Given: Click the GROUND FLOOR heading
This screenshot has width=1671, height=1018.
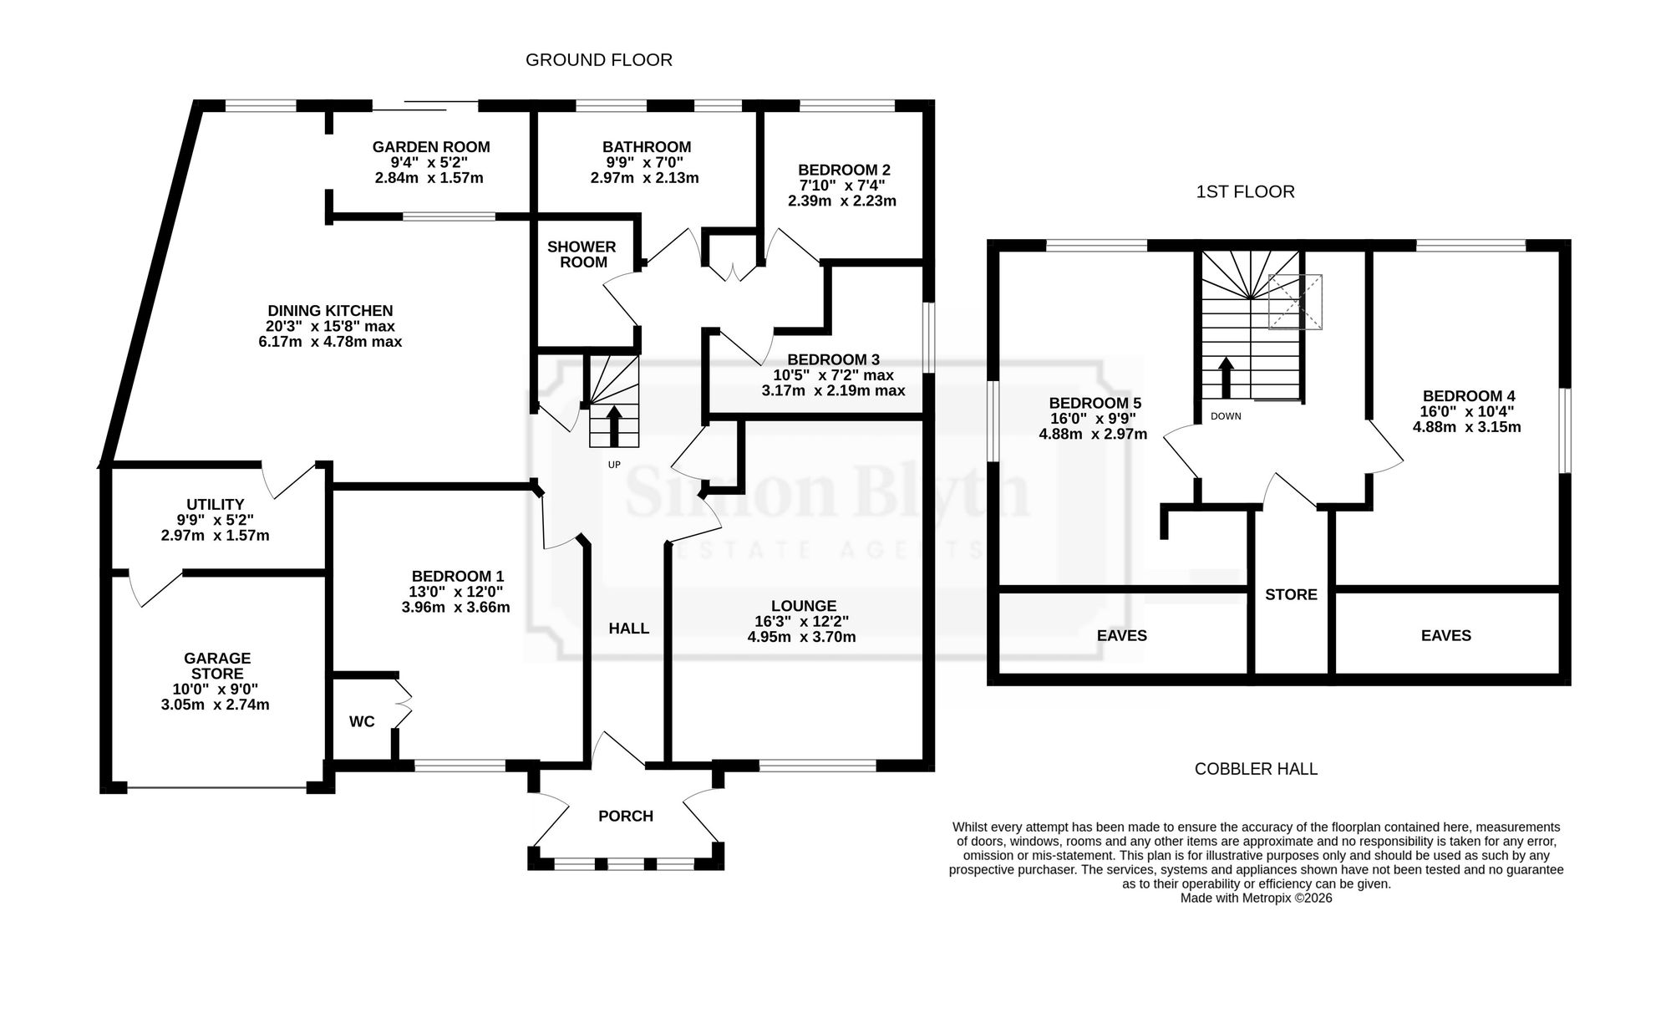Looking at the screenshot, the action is [x=598, y=60].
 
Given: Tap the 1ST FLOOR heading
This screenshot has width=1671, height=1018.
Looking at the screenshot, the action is [x=1245, y=192].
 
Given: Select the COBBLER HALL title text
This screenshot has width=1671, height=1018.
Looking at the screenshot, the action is [x=1256, y=769].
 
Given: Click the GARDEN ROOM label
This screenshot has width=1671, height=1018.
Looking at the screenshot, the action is [x=431, y=147].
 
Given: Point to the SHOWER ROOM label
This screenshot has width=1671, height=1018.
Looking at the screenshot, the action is [x=582, y=254].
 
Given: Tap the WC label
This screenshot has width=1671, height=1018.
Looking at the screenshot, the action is [x=362, y=721].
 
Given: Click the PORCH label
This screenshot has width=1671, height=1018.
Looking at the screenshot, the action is [x=626, y=817].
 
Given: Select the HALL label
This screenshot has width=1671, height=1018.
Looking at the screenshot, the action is [x=629, y=629].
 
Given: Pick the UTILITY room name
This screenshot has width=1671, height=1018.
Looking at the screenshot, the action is [x=216, y=505].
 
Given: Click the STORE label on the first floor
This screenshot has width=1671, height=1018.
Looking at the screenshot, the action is [x=1291, y=595].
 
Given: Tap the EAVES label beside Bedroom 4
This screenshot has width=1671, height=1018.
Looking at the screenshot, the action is [x=1446, y=636].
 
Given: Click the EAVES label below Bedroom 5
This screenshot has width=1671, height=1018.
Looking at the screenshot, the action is [x=1122, y=636].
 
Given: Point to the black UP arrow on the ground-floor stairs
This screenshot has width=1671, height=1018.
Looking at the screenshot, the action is [x=614, y=425].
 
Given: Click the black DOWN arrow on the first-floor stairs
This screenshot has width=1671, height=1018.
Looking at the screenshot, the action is [x=1226, y=379].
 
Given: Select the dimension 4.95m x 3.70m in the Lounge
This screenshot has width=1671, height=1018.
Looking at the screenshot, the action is [x=802, y=637].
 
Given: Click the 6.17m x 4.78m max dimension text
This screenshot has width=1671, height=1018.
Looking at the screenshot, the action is [x=330, y=342].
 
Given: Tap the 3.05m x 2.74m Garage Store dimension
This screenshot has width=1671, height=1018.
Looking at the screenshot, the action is [x=216, y=705].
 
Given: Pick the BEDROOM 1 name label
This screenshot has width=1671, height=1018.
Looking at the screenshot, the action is [x=458, y=577].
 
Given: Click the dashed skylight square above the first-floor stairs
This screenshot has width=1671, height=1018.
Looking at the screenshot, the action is [x=1296, y=302].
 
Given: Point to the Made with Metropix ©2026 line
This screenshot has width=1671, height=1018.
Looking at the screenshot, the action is [x=1256, y=898].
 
